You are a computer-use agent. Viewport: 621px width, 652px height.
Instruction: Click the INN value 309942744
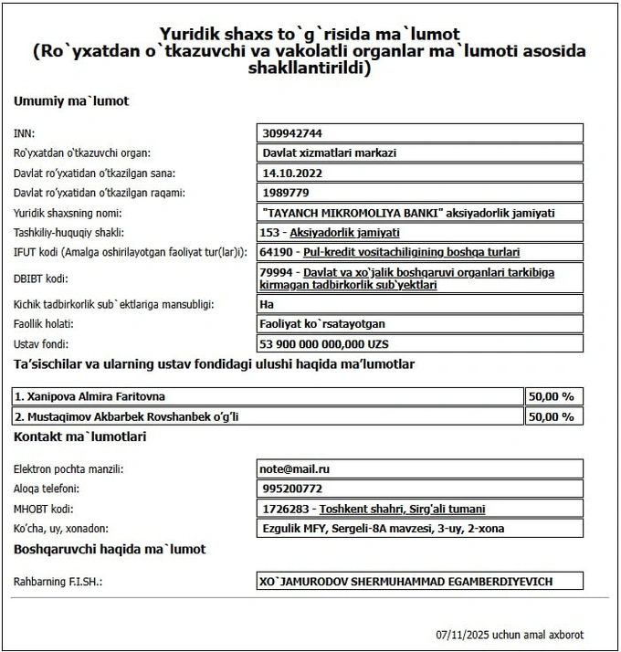[292, 133]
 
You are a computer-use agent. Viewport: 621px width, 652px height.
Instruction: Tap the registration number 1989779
[285, 192]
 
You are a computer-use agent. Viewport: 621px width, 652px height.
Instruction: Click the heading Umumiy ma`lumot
[71, 100]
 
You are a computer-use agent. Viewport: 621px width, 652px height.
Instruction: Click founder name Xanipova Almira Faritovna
[96, 396]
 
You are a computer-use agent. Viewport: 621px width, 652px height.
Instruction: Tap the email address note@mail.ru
[295, 468]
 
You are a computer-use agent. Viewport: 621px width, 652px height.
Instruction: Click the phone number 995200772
[291, 489]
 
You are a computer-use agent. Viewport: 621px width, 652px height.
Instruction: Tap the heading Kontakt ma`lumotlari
[79, 437]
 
